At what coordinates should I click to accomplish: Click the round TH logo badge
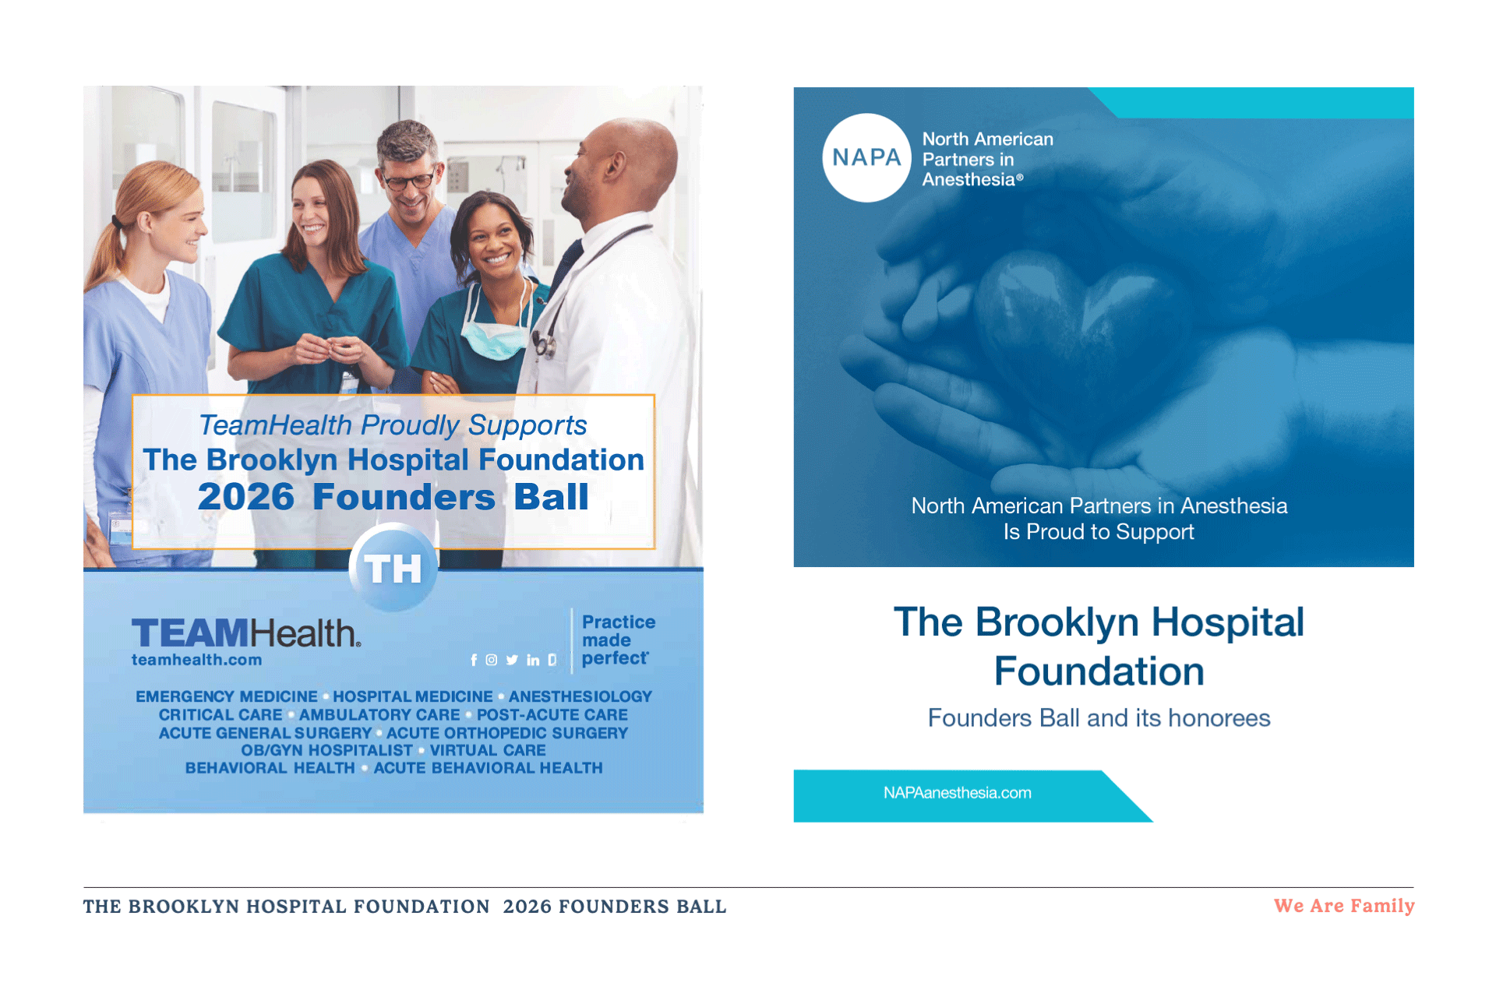(393, 568)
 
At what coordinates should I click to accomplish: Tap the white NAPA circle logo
(866, 158)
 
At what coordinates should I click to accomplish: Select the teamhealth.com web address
(196, 660)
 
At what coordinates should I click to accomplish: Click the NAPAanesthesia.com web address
(957, 793)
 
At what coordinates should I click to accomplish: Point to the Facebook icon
(474, 660)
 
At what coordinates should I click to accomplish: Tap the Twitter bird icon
(512, 660)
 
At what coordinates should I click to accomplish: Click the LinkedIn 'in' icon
(533, 660)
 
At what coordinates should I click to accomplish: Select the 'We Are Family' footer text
(1343, 906)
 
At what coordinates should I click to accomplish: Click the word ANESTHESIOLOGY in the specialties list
(580, 696)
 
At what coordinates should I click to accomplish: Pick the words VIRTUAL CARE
(488, 750)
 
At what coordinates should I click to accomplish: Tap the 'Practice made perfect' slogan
(618, 640)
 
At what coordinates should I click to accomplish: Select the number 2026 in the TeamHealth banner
(246, 497)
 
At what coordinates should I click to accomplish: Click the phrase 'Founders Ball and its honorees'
(1099, 718)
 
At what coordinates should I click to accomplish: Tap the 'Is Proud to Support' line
(1099, 532)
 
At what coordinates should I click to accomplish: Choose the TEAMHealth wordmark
(246, 633)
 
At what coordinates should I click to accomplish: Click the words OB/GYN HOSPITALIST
(326, 750)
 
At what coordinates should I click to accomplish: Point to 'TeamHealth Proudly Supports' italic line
(393, 425)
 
